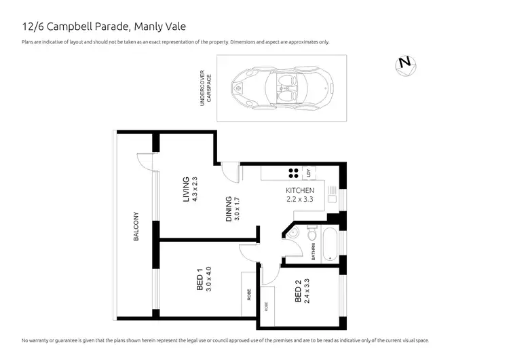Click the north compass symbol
click(x=405, y=62)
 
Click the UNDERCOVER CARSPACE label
click(x=206, y=88)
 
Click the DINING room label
click(x=229, y=209)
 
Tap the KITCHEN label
click(x=300, y=190)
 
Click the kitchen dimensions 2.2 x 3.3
click(x=300, y=200)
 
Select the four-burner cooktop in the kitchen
click(x=294, y=173)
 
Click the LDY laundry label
click(x=309, y=173)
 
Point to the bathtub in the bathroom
click(x=328, y=244)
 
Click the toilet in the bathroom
click(x=312, y=235)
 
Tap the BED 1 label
click(x=200, y=280)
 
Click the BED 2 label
click(x=299, y=294)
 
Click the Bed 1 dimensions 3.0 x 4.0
click(x=209, y=280)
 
